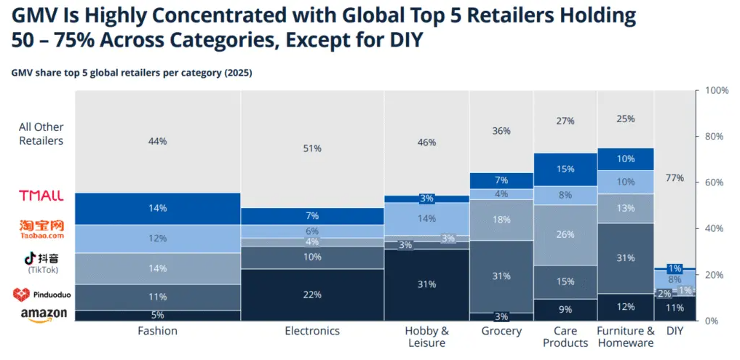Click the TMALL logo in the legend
(x=41, y=196)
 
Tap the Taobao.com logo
(x=41, y=229)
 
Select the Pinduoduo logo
(x=41, y=295)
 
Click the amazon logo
(x=44, y=313)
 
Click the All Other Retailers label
(x=41, y=134)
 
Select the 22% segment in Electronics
(x=313, y=294)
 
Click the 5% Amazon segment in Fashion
(x=157, y=315)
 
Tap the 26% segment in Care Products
(x=565, y=235)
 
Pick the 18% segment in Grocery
(x=501, y=220)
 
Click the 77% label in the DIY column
(x=675, y=178)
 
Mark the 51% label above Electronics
(x=313, y=148)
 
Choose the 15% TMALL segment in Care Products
(x=565, y=169)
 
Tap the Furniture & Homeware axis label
(x=625, y=337)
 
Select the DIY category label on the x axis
(x=675, y=331)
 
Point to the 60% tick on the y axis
(x=716, y=183)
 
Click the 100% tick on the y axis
(x=717, y=91)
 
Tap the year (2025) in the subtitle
(x=236, y=73)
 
